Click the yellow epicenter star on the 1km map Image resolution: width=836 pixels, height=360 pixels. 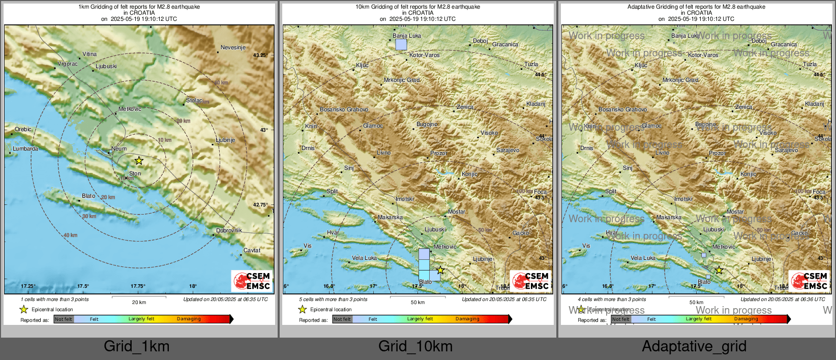[x=139, y=161]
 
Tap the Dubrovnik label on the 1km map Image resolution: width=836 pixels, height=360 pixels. [x=229, y=230]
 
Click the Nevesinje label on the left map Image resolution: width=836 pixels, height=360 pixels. [x=233, y=47]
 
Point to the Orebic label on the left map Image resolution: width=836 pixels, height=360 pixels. [x=23, y=129]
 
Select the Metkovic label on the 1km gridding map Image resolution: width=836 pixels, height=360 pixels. [x=130, y=109]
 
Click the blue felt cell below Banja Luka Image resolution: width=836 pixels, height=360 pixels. [x=401, y=44]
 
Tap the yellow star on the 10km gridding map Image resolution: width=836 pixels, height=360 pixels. [x=440, y=271]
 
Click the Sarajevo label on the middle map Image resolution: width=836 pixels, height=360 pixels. [x=507, y=150]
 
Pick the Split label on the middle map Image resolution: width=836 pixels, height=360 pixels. [x=332, y=191]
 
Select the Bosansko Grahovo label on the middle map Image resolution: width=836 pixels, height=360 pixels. [x=344, y=109]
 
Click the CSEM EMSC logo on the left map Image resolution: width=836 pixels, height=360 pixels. [x=252, y=281]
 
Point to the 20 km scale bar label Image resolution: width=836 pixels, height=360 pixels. [x=139, y=302]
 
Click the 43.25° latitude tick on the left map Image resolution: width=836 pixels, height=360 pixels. [x=260, y=55]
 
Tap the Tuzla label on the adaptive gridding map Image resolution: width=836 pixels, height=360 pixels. [x=810, y=64]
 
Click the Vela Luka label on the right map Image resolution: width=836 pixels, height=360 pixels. [x=643, y=258]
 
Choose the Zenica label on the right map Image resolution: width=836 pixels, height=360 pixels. [x=743, y=107]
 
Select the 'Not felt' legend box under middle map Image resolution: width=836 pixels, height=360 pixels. [x=342, y=319]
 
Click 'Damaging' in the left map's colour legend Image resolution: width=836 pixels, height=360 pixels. [x=189, y=319]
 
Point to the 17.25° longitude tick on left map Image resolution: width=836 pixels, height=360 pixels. [x=28, y=286]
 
